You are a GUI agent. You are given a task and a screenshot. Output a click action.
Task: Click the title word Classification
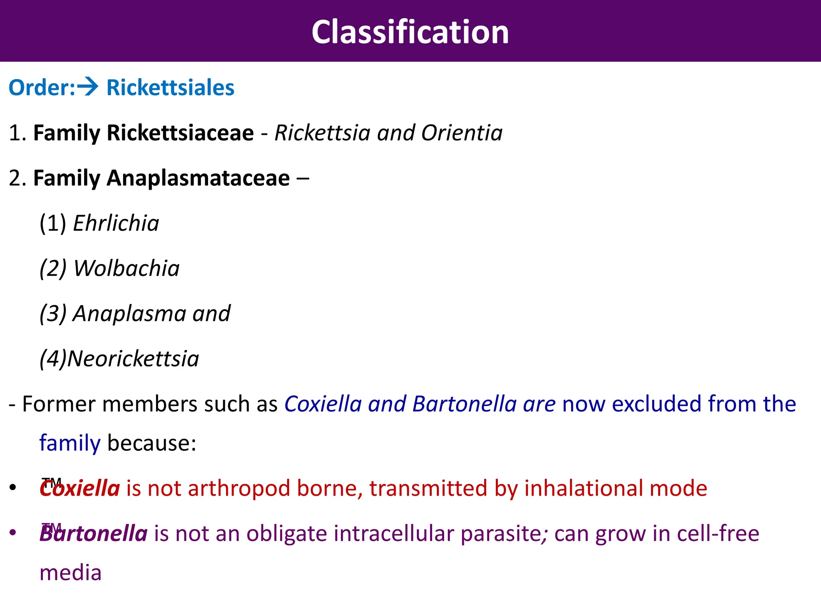410,32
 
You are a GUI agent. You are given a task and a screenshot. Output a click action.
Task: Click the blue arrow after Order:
88,87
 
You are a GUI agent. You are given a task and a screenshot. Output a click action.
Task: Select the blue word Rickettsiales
170,88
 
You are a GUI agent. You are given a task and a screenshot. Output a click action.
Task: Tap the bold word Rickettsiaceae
180,133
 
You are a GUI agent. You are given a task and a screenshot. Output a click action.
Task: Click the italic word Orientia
461,133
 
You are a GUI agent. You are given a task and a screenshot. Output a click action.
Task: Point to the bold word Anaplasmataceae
198,178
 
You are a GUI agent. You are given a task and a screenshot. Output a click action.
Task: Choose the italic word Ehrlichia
116,223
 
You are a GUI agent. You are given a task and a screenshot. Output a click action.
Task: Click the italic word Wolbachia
126,268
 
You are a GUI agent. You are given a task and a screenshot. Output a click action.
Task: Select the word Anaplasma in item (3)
129,314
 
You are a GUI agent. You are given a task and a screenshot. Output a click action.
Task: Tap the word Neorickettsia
133,359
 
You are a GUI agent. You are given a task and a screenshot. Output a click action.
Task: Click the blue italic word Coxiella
323,404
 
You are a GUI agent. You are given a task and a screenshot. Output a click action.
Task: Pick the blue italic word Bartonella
464,404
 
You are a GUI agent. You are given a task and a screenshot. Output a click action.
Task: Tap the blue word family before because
70,443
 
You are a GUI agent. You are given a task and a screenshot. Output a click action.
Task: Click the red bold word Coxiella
80,488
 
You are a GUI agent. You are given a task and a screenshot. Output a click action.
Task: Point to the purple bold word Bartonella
93,534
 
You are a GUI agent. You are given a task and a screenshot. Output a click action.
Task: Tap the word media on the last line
71,573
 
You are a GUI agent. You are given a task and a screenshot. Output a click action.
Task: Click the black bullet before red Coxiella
13,488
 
